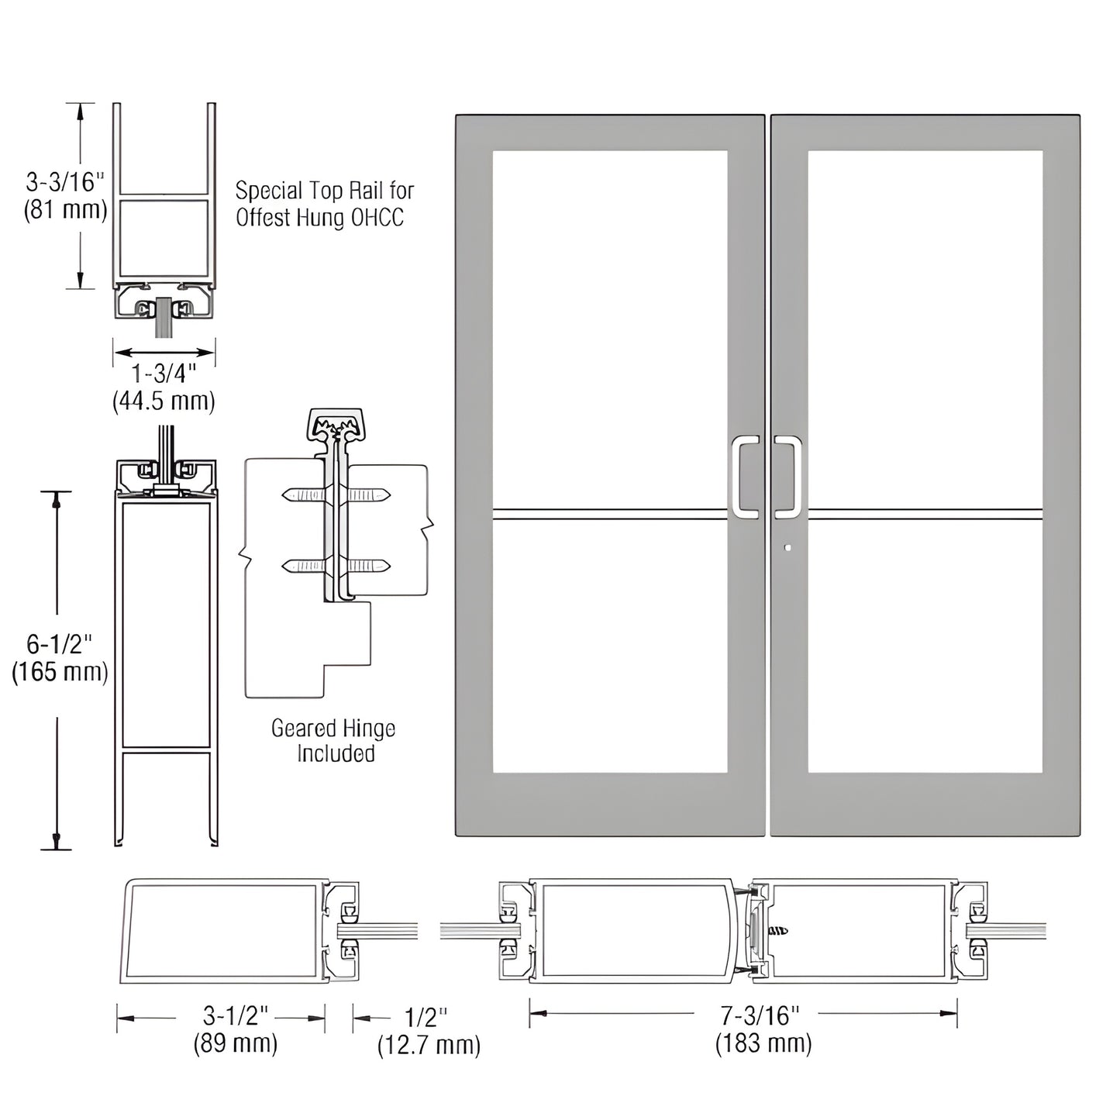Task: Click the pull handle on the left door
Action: coord(745,476)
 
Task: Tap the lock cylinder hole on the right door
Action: coord(787,548)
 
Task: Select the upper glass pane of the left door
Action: coord(610,329)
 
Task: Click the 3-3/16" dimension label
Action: coord(65,183)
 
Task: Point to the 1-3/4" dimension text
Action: coord(164,374)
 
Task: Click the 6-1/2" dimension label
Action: coord(59,643)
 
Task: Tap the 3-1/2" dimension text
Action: coord(236,1015)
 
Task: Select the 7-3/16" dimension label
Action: coord(760,1015)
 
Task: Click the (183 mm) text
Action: coord(763,1043)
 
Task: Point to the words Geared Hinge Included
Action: coord(334,740)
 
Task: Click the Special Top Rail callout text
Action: coord(325,204)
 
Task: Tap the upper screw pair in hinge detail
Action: coord(336,495)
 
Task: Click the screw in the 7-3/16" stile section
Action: coord(777,930)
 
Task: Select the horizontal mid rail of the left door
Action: coord(610,514)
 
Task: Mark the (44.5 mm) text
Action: coord(164,401)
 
